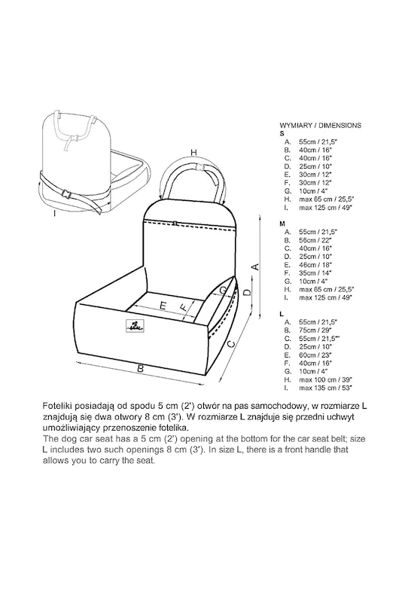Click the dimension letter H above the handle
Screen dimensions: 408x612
click(x=193, y=152)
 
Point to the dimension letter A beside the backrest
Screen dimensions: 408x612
click(x=254, y=266)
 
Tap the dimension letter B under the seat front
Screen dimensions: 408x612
click(x=141, y=368)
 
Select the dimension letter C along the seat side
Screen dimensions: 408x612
click(x=231, y=344)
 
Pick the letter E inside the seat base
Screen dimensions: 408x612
click(x=163, y=306)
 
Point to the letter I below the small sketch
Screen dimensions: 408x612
click(x=55, y=214)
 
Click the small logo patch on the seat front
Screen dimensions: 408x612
click(x=135, y=326)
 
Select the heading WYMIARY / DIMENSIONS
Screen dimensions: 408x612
click(x=321, y=126)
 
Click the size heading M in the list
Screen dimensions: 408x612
click(x=282, y=224)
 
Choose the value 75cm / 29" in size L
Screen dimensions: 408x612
click(x=315, y=330)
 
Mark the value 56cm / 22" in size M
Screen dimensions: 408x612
click(x=315, y=240)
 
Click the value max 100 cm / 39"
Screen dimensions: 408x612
click(x=326, y=379)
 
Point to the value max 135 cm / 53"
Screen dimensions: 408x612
click(x=326, y=388)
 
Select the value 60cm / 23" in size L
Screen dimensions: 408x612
click(x=315, y=355)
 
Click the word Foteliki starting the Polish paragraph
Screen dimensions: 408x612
click(x=57, y=406)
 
